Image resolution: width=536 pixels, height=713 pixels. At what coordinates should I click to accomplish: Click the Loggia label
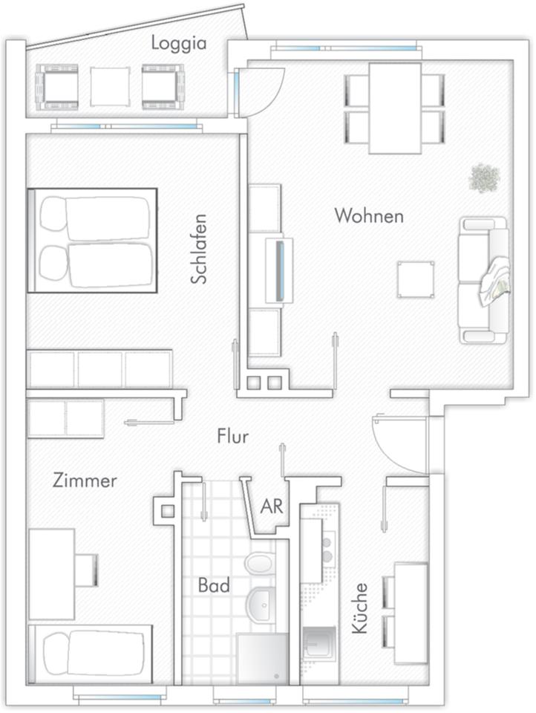coord(179,44)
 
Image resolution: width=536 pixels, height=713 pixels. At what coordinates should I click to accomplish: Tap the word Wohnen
coord(369,215)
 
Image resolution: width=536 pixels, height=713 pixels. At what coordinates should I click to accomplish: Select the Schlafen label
coord(199,250)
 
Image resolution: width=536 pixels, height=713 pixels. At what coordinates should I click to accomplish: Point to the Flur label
coord(233,437)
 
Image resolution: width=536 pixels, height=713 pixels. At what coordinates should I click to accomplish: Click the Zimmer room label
coord(85,481)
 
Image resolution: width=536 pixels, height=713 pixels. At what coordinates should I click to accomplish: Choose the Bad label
coord(214,585)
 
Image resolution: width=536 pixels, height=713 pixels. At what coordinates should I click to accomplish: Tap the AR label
coord(272,506)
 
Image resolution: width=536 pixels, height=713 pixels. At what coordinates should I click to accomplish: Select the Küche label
coord(359,608)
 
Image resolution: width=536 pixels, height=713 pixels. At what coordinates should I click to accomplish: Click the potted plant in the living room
coord(485,179)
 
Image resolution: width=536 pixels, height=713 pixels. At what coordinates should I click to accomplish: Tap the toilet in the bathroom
coord(261,563)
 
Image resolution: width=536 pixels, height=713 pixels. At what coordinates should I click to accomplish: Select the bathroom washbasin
coord(261,605)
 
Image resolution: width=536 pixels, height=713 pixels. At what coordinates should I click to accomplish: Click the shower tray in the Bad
coord(262,659)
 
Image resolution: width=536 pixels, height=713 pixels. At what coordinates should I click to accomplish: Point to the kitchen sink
coord(320,643)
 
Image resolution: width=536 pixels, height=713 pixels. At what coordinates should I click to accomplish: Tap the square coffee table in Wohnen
coord(416,279)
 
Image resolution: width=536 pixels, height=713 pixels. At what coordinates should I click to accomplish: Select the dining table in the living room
coord(395,108)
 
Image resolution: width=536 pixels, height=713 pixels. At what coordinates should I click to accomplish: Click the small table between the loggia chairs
coord(110,87)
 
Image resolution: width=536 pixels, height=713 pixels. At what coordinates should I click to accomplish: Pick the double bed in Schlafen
coord(92,240)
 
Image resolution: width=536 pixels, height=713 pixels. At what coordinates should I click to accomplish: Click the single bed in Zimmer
coord(91,654)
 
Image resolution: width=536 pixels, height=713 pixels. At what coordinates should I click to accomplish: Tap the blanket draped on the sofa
coord(494,280)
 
